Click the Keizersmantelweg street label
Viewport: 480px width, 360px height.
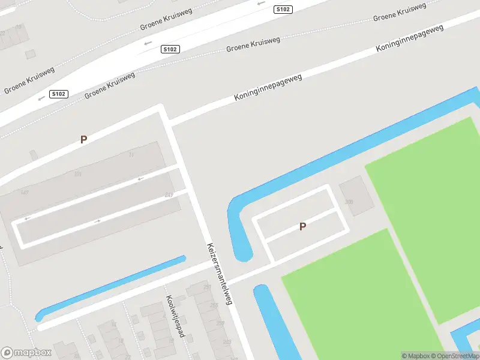click(x=219, y=274)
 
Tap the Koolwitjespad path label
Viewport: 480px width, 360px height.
click(x=175, y=316)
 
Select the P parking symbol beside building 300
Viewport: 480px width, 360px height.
click(x=303, y=226)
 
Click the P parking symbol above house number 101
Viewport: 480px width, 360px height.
click(x=84, y=139)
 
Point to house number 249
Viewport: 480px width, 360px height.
click(x=169, y=195)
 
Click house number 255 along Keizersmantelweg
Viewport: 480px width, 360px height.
click(x=215, y=305)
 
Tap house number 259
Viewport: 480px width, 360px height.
click(x=221, y=323)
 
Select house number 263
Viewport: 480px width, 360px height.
click(x=227, y=342)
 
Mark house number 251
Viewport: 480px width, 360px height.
click(x=208, y=287)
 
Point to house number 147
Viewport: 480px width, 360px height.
click(x=25, y=192)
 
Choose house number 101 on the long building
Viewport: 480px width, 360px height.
click(x=77, y=174)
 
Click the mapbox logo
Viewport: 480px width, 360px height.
click(x=26, y=352)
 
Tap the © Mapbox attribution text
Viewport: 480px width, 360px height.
click(x=416, y=356)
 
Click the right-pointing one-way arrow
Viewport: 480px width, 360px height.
click(x=98, y=221)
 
